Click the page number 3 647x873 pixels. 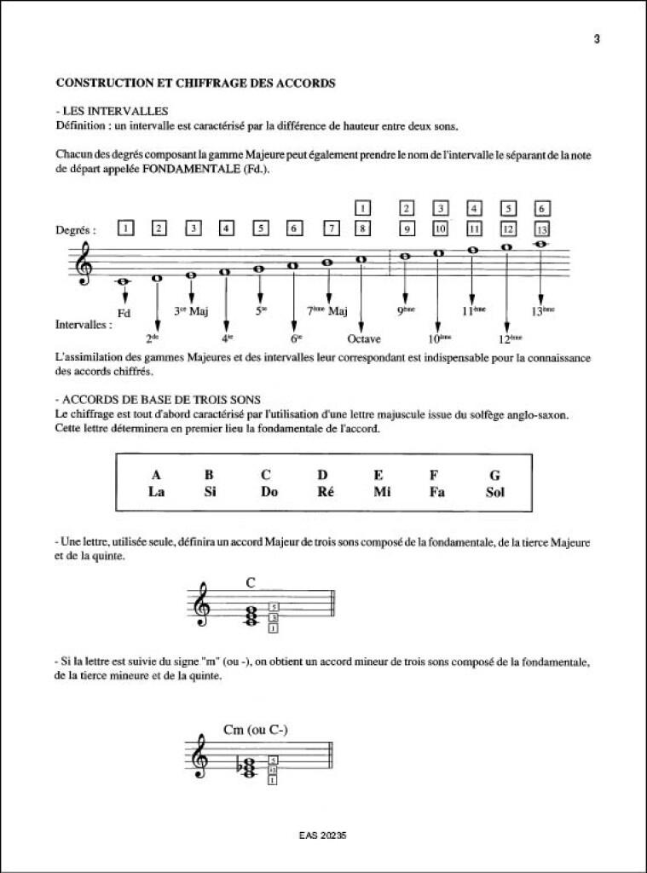(598, 39)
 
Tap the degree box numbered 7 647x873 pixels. (332, 228)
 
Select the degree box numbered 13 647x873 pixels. (540, 228)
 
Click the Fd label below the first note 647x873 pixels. (124, 313)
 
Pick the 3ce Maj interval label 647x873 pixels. (192, 312)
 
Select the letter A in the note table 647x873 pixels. (156, 475)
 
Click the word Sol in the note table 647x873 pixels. (494, 491)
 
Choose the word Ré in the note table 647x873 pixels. (322, 491)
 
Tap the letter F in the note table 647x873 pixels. (434, 475)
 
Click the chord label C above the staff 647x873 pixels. (251, 583)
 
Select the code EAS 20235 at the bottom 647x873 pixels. (324, 836)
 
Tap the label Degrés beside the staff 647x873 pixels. (74, 229)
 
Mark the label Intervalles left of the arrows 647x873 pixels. (83, 325)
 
